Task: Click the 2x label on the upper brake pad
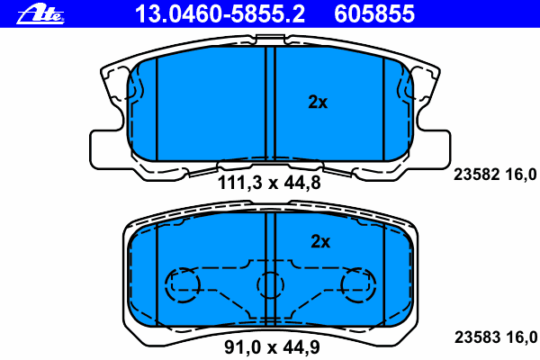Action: click(x=318, y=103)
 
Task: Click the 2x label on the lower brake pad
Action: click(x=320, y=241)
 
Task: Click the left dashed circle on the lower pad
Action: click(x=183, y=285)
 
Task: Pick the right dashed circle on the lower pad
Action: click(x=357, y=285)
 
